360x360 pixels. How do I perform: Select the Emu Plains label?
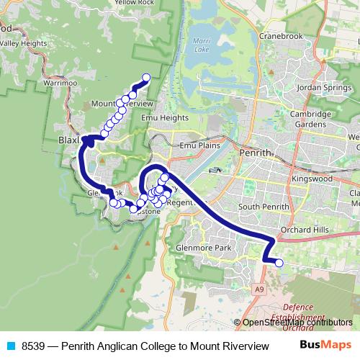tap(198, 145)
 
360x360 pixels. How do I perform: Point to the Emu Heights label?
tap(165, 117)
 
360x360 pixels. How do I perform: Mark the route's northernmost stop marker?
tap(146, 77)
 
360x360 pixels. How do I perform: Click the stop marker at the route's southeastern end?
tap(279, 263)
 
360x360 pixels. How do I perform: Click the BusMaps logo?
tap(324, 346)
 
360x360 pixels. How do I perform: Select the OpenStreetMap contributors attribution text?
tap(297, 322)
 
